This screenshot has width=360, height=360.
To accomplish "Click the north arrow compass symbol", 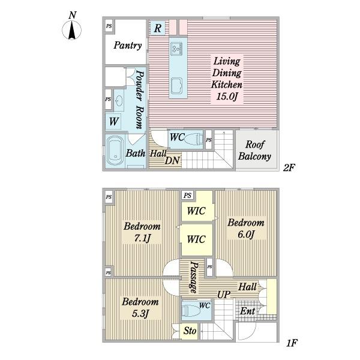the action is point(71,30).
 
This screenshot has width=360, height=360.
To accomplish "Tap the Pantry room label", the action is point(128,45).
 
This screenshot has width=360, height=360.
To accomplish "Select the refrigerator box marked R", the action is point(157,28).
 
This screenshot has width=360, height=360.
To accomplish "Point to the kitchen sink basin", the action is point(176,86).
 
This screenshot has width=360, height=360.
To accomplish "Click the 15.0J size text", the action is point(226,97).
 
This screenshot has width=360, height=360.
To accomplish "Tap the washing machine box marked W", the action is point(113,121).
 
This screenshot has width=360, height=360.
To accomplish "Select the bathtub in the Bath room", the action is point(115,151).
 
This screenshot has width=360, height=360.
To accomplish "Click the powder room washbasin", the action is point(119,101).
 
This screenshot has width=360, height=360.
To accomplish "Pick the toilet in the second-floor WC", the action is point(193,139).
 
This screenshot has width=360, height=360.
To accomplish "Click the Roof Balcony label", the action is point(254,151).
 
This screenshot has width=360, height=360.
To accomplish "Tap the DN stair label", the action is point(172,160).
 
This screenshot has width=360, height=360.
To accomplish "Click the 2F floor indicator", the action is point(289,167).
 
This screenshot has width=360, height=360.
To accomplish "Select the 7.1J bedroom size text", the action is point(142,238).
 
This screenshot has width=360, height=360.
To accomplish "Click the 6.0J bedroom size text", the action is point(246,235).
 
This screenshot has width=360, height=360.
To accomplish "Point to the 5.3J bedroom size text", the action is point(140,313).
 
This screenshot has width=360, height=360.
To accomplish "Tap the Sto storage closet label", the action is point(190,331).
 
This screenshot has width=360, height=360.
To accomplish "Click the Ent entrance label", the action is point(247,311).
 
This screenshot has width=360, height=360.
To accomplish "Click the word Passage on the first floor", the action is point(193,277).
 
